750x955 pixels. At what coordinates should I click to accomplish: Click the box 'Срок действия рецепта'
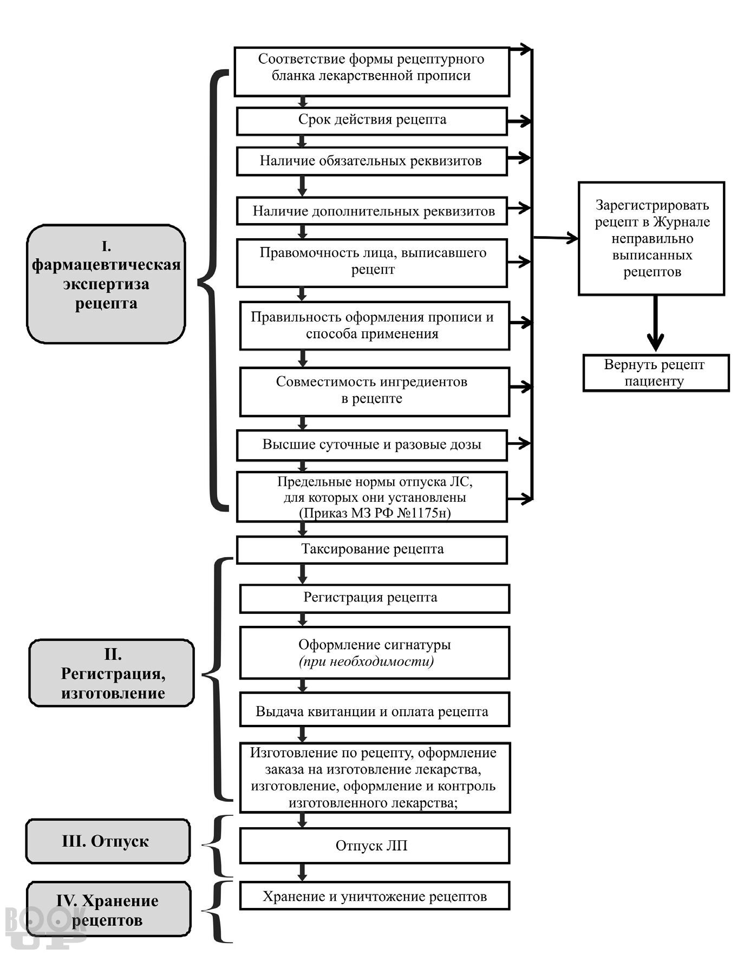[x=372, y=121]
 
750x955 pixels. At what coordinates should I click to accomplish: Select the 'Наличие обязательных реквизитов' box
[x=372, y=161]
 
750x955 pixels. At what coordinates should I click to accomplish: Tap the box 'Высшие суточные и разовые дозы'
[x=372, y=445]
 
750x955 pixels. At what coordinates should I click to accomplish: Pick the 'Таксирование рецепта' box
[x=372, y=550]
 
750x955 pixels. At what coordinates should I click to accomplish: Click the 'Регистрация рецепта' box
[x=374, y=598]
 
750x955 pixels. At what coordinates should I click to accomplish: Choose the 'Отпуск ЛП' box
[x=374, y=846]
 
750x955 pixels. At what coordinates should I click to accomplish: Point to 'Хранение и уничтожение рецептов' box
[x=374, y=897]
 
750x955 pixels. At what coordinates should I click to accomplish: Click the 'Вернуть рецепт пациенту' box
[x=656, y=373]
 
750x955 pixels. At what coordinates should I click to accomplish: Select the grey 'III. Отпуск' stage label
[x=108, y=841]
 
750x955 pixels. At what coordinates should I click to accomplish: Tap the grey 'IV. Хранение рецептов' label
[x=108, y=910]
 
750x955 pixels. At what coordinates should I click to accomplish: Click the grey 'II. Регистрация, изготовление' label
[x=111, y=673]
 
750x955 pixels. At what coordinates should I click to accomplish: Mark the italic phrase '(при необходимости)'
[x=367, y=662]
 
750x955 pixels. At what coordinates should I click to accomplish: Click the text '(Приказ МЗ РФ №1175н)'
[x=375, y=513]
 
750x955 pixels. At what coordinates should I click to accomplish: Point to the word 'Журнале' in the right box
[x=681, y=222]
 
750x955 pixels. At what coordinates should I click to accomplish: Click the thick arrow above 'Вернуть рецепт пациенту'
[x=655, y=323]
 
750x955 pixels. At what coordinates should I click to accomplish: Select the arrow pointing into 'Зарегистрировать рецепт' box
[x=556, y=237]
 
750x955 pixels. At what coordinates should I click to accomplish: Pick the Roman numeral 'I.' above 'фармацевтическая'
[x=106, y=247]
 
